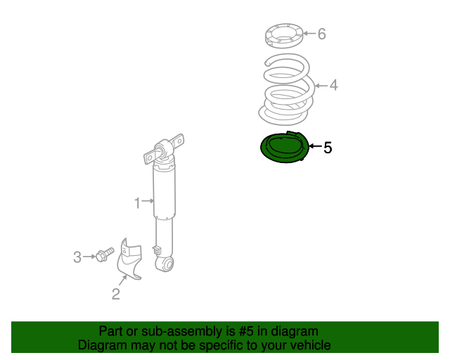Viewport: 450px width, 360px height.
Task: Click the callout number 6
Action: pos(322,34)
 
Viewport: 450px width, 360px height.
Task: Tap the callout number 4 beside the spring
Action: pos(333,85)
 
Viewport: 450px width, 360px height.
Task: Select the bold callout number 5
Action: pos(328,148)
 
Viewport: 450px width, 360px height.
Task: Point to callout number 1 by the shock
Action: pos(138,203)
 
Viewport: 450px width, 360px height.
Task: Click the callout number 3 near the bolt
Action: pos(77,257)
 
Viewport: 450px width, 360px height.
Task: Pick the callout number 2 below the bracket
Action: pos(115,294)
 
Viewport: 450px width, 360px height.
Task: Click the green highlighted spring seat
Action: pos(285,147)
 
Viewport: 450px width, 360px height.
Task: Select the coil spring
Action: pos(287,89)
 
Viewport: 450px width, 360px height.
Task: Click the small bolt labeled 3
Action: pos(105,255)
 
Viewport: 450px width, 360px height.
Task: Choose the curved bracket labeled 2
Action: pos(129,259)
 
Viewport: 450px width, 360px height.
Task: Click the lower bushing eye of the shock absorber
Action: pos(165,264)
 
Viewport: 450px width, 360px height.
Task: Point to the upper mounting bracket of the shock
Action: pos(164,148)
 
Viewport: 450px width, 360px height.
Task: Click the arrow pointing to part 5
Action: pos(316,146)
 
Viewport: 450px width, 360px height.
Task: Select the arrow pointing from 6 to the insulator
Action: pos(309,33)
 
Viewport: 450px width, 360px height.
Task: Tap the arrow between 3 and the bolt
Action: pos(89,257)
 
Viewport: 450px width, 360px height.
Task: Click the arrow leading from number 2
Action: pos(123,280)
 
